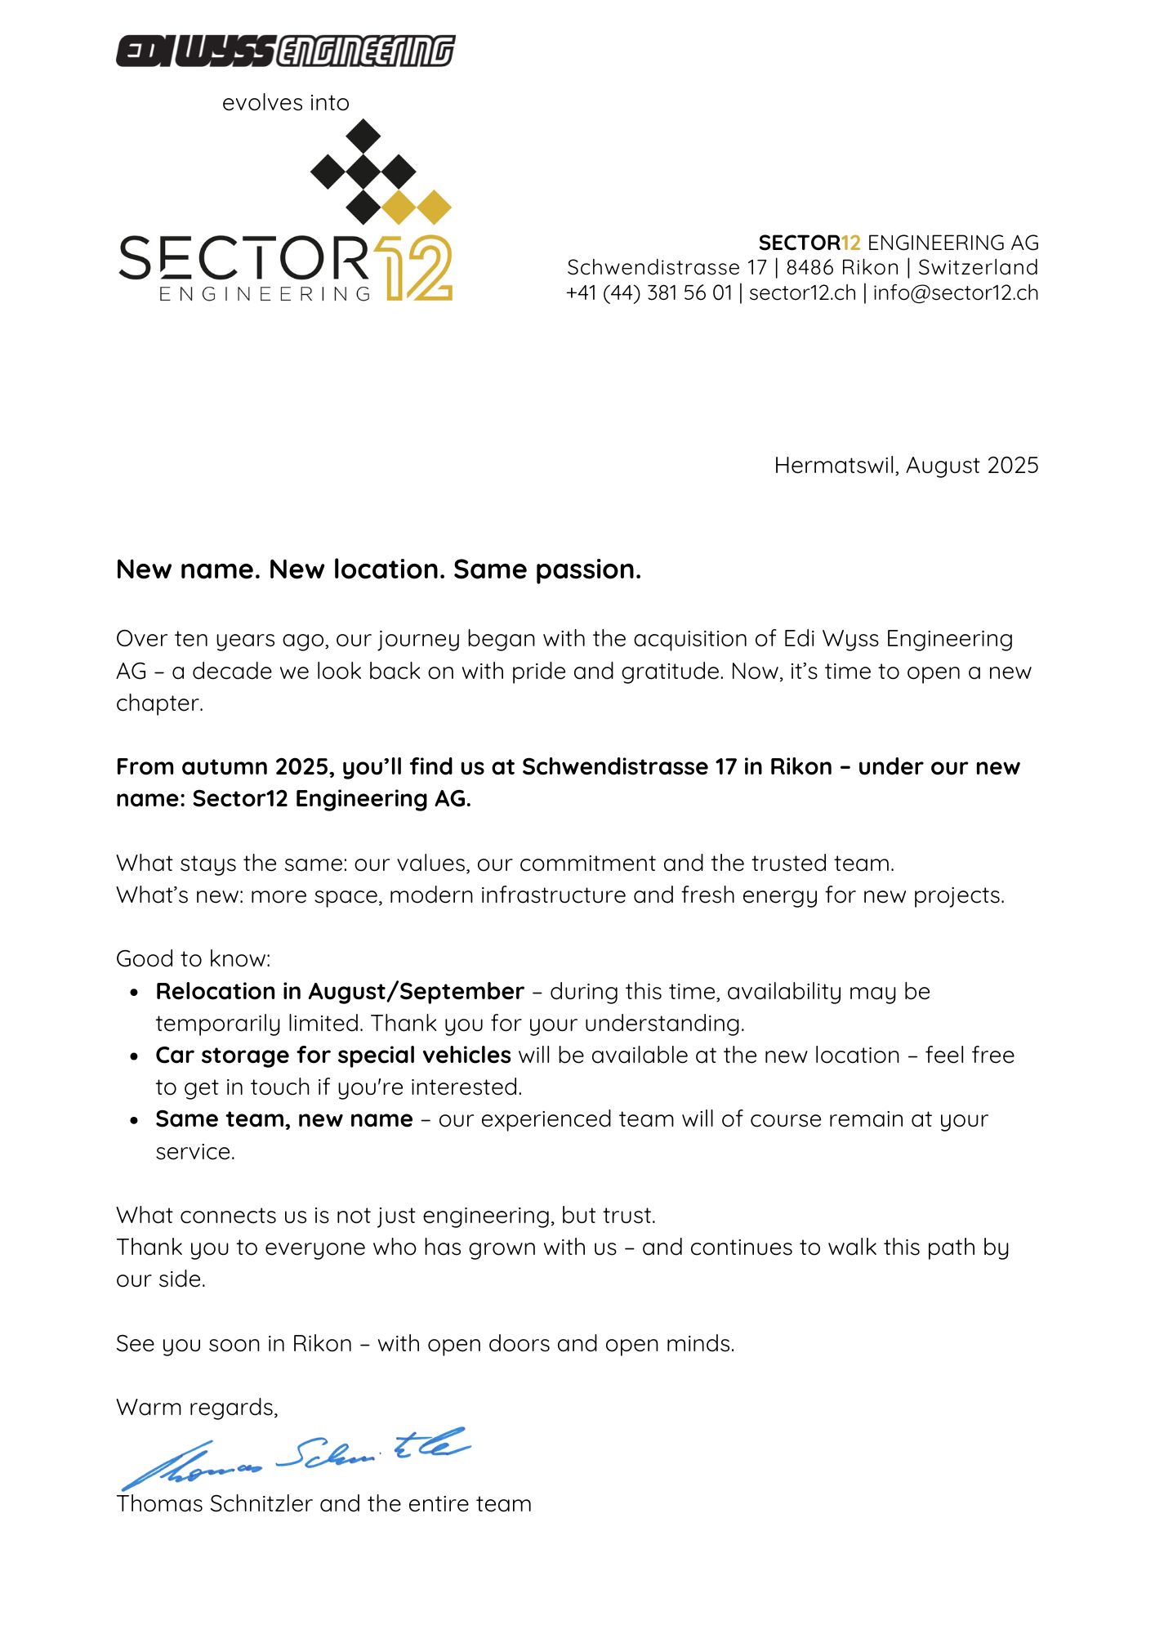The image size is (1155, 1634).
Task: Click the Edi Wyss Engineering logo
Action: (x=285, y=51)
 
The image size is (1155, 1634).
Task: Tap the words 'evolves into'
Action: (x=285, y=103)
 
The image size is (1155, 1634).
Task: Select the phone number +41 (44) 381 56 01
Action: (x=649, y=292)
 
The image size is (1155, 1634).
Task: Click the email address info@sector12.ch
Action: (x=955, y=292)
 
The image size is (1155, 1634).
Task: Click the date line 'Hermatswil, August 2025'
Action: (x=906, y=465)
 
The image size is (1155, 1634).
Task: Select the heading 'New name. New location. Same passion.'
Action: (x=378, y=569)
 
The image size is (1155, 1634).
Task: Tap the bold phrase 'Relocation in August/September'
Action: (x=340, y=991)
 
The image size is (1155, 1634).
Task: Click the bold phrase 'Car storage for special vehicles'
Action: (x=333, y=1055)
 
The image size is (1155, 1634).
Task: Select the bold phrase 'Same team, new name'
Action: (x=284, y=1118)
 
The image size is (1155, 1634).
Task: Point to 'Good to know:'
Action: (x=193, y=958)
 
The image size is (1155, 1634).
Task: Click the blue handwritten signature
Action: (x=294, y=1458)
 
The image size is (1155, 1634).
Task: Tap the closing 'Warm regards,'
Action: (x=197, y=1407)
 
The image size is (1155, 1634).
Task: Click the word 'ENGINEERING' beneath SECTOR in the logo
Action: (x=265, y=293)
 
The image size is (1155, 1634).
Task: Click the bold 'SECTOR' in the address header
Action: (x=799, y=243)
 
